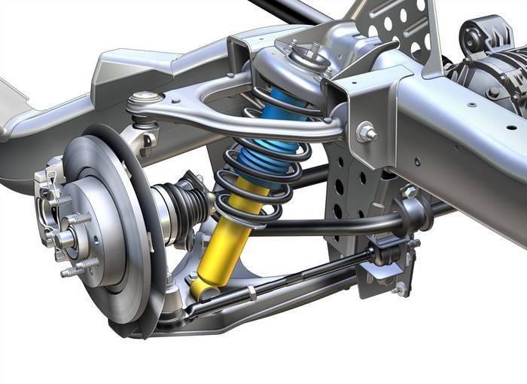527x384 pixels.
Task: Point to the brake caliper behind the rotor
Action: coord(47,189)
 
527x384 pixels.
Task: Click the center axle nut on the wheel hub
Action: coord(62,240)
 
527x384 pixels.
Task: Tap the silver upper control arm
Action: coord(226,113)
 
